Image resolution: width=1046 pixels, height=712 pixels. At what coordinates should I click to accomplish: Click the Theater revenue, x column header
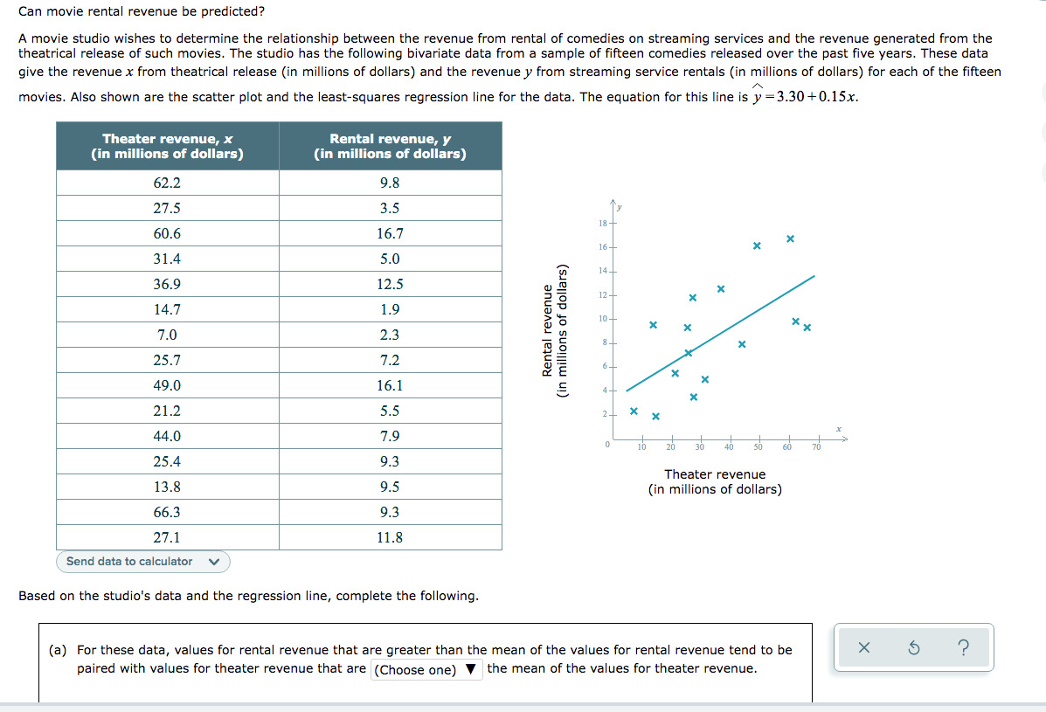coord(168,146)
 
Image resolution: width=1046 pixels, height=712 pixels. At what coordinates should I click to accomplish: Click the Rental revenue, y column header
coord(390,146)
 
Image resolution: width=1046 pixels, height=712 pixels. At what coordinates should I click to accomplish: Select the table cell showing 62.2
coord(167,183)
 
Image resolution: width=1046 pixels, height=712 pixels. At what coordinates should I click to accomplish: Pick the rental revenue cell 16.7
coord(390,234)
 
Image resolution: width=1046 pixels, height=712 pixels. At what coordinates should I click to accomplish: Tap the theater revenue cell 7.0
coord(167,335)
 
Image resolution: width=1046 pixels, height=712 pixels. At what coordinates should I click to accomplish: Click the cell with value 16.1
coord(390,386)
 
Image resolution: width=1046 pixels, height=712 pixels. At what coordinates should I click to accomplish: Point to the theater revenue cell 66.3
coord(167,513)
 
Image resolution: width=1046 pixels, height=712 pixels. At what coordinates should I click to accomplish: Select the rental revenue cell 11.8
coord(390,538)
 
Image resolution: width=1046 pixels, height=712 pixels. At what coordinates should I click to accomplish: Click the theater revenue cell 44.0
coord(167,437)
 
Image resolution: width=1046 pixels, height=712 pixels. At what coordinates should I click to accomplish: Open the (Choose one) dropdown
coord(426,670)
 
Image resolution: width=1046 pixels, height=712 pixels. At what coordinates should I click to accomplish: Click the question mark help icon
coord(963,647)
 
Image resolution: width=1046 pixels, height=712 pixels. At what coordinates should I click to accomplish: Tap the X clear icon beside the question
coord(863,647)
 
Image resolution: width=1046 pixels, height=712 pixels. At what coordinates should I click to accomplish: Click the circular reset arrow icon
coord(913,647)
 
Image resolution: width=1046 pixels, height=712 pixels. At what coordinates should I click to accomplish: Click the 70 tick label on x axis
coord(816,447)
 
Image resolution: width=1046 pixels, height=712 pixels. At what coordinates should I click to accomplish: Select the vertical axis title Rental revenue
coord(549,331)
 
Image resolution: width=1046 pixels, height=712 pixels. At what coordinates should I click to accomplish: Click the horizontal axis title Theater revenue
coord(715,474)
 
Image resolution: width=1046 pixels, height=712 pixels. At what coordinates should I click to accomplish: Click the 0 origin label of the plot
coord(606,446)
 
